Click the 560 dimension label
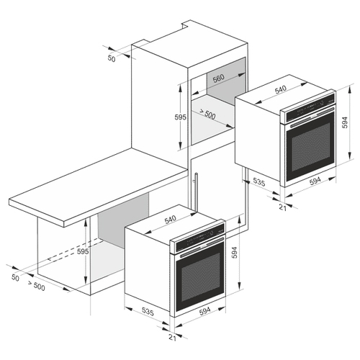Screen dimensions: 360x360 pos(219,78)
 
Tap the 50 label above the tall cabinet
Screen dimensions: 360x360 pos(112,58)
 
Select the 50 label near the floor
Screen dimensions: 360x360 pos(15,278)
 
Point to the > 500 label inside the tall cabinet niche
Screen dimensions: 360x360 pos(207,114)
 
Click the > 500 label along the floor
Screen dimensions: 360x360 pos(36,286)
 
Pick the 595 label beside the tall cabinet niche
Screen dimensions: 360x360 pos(181,117)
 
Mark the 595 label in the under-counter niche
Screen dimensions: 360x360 pos(83,251)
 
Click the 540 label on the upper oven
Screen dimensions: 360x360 pos(281,89)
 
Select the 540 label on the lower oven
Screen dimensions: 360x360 pos(170,220)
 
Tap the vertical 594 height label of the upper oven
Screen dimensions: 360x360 pos(345,122)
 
